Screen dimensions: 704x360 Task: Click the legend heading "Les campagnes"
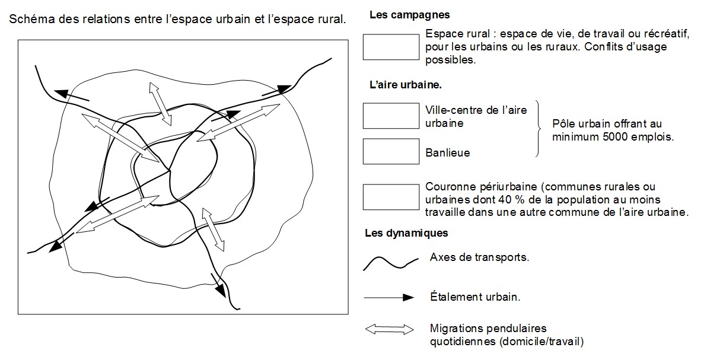point(409,15)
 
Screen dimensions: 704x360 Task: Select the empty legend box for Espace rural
point(391,47)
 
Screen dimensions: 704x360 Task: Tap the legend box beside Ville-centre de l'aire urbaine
point(391,116)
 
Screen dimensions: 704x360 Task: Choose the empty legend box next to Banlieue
point(391,151)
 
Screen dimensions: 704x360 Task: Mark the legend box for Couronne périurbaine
point(391,197)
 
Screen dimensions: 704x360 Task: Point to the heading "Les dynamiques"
point(406,233)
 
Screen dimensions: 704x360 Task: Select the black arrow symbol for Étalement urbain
point(389,297)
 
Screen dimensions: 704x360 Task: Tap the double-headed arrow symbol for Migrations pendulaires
point(389,330)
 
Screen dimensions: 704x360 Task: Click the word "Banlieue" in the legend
point(448,152)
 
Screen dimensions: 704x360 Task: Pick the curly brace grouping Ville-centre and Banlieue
point(539,129)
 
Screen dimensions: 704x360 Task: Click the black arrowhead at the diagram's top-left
point(61,93)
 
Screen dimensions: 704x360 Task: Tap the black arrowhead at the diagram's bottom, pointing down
point(220,291)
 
